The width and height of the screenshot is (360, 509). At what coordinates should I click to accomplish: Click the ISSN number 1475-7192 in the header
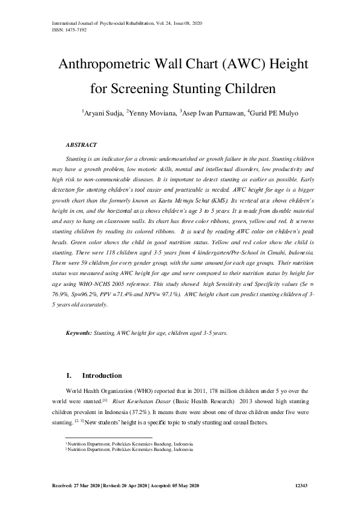[x=67, y=29]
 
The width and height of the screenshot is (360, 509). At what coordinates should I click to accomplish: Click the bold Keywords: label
[x=79, y=333]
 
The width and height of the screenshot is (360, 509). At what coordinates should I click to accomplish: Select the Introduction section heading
[x=102, y=375]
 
